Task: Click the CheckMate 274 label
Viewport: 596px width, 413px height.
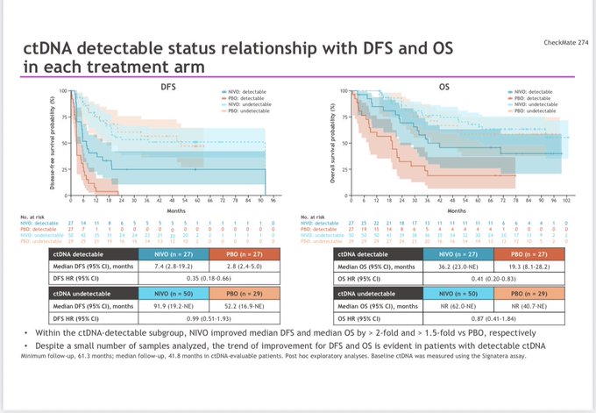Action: [564, 41]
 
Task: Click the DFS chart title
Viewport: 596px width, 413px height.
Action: [169, 87]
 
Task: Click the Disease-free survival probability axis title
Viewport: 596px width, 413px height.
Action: [54, 141]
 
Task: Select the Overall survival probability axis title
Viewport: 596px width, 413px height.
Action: [331, 141]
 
